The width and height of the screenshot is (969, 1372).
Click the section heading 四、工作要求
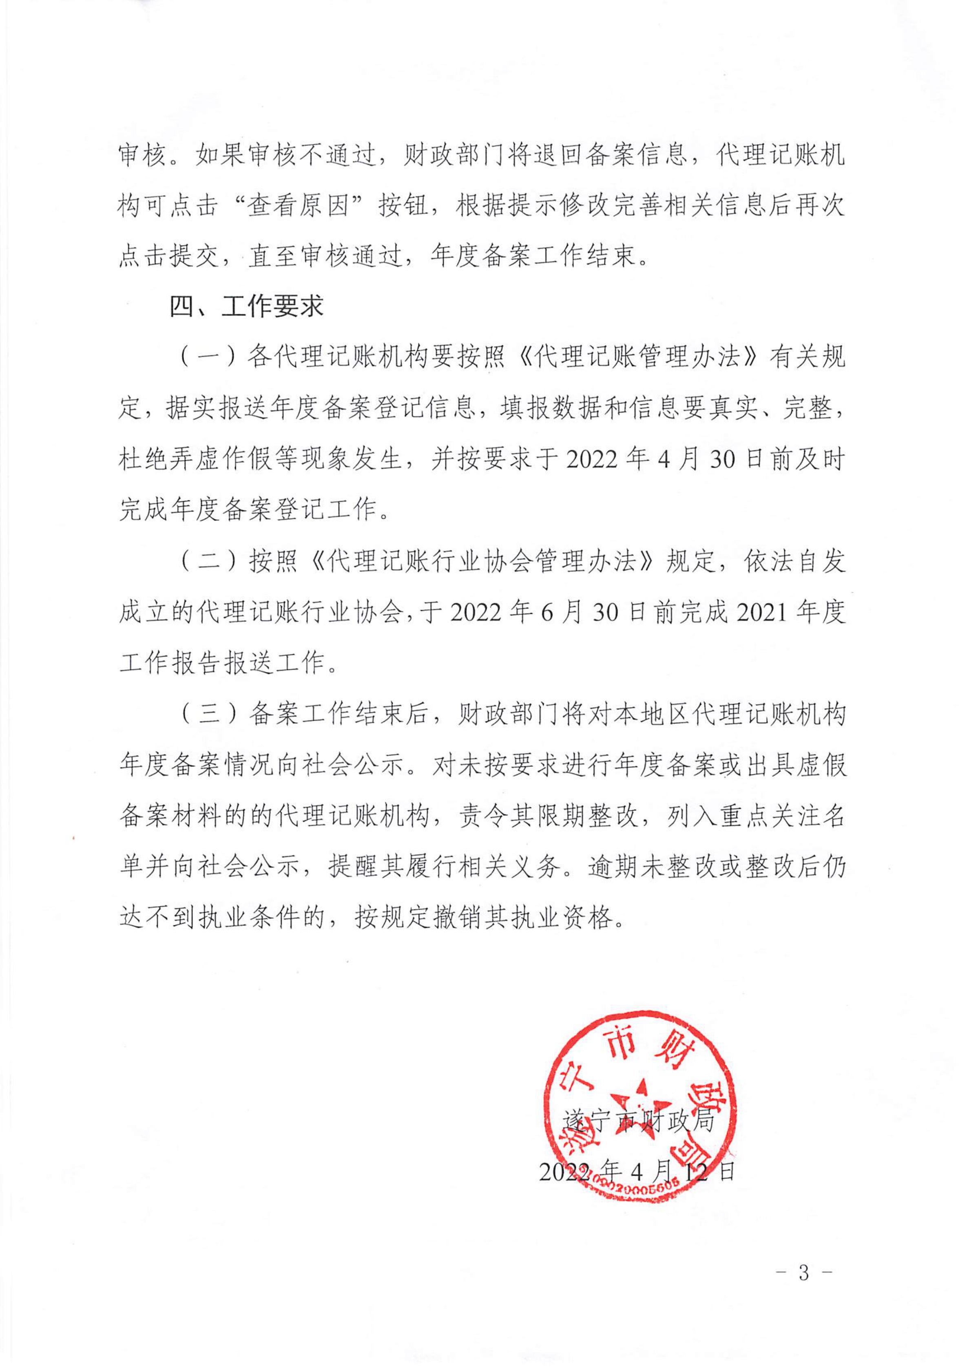click(246, 307)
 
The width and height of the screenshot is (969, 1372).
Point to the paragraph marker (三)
click(207, 715)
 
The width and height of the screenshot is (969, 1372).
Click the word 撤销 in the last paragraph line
click(457, 918)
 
